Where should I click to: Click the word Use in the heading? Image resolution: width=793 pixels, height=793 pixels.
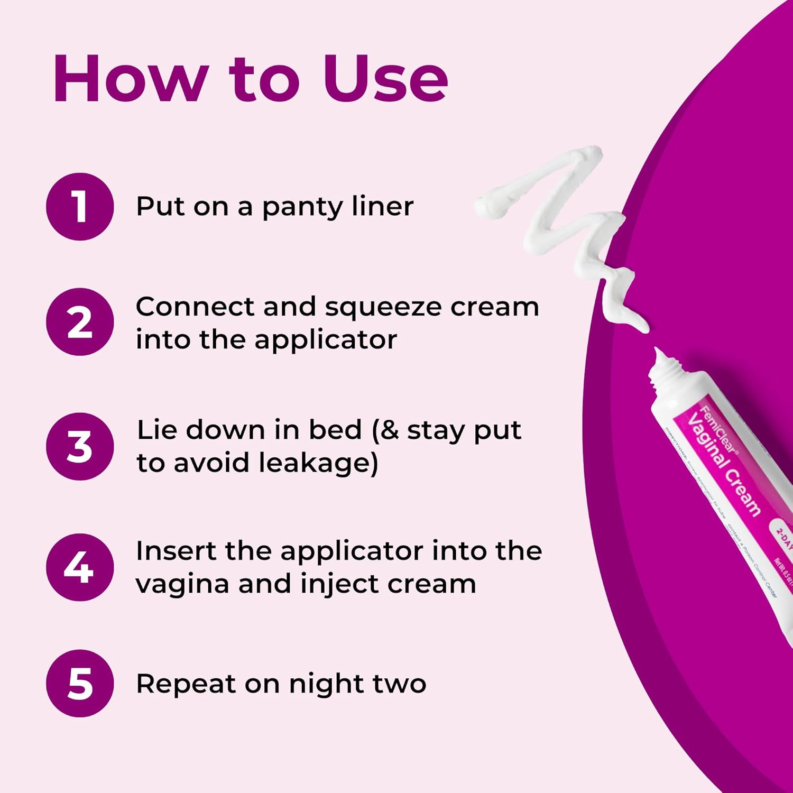385,79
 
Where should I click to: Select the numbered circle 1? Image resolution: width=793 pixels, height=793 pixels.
80,206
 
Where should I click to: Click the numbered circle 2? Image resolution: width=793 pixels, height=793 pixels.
80,322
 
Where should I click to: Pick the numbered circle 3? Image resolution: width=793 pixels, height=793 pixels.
80,446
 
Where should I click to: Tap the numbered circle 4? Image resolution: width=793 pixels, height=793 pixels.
80,567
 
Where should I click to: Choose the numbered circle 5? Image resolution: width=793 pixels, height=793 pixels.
80,683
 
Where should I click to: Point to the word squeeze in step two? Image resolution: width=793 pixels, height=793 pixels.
384,308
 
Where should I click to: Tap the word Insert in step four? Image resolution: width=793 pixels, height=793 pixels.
176,551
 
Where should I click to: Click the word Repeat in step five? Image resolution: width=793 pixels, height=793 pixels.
186,684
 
